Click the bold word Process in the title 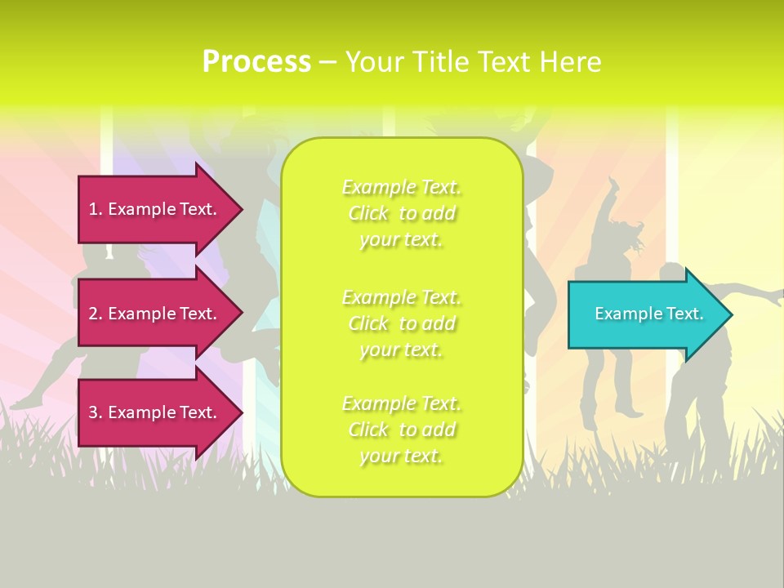click(256, 62)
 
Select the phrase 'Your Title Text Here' click(473, 62)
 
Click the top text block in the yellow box click(402, 213)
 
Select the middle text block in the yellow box click(402, 323)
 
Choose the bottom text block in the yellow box click(402, 430)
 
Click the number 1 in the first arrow click(93, 209)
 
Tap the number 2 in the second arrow click(93, 314)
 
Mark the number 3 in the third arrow click(93, 412)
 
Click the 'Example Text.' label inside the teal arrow click(649, 314)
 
